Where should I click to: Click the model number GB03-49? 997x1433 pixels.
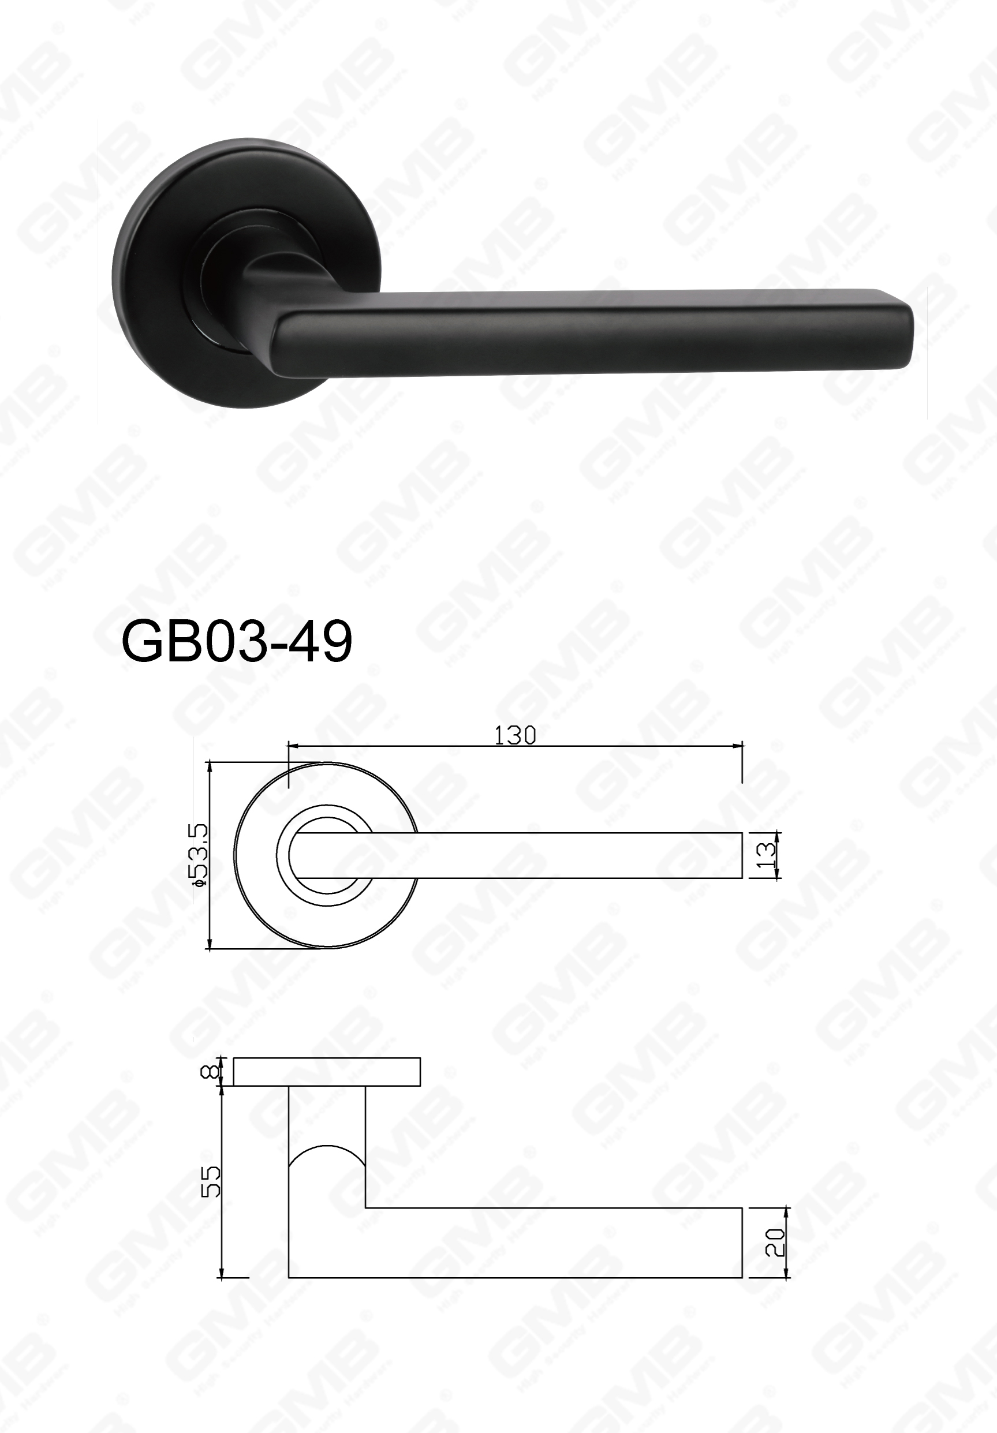click(x=237, y=642)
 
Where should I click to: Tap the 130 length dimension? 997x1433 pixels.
click(x=515, y=736)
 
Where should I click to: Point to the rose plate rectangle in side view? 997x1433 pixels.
click(x=327, y=1072)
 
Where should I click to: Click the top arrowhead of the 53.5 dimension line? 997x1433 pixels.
click(x=210, y=766)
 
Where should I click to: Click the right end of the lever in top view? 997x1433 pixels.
click(x=741, y=855)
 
